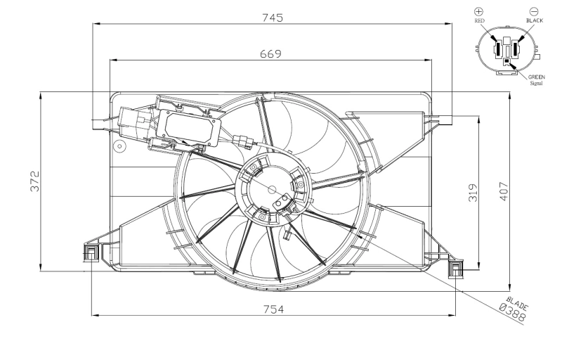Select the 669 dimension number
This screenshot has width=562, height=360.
(271, 53)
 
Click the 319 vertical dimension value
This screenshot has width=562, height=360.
(472, 192)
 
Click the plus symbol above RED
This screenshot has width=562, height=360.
(479, 12)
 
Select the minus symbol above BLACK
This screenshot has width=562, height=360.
(534, 12)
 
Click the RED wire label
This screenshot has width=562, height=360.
(479, 22)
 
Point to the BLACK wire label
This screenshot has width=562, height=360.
(535, 22)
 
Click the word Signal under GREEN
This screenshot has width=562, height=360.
(535, 84)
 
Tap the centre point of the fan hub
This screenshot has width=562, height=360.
(273, 188)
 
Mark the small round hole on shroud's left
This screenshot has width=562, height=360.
(120, 147)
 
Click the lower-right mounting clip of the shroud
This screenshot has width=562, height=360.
(457, 267)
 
